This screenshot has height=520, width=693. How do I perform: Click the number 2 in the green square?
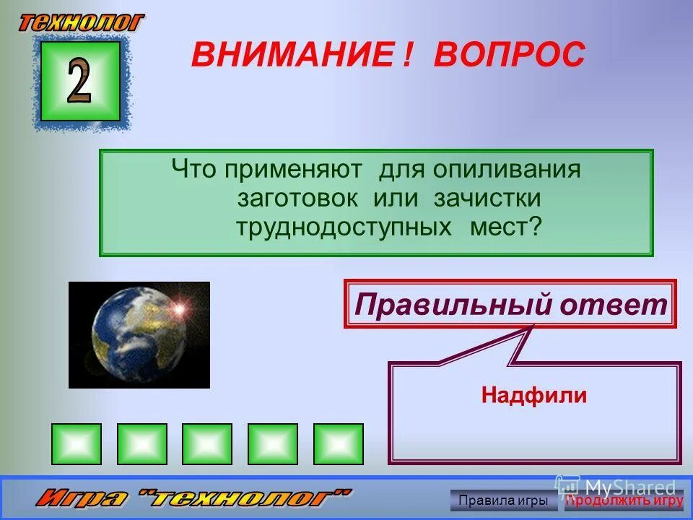pyautogui.click(x=79, y=81)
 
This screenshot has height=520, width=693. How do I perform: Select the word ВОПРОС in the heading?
pyautogui.click(x=509, y=55)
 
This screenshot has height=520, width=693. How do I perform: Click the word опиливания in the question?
pyautogui.click(x=507, y=170)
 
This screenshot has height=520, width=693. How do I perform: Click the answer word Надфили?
pyautogui.click(x=534, y=395)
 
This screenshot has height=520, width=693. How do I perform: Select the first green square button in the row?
pyautogui.click(x=77, y=443)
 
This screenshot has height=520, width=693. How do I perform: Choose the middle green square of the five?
pyautogui.click(x=207, y=443)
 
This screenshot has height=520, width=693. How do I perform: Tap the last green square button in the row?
pyautogui.click(x=338, y=443)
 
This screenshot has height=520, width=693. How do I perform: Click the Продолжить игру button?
pyautogui.click(x=624, y=500)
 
